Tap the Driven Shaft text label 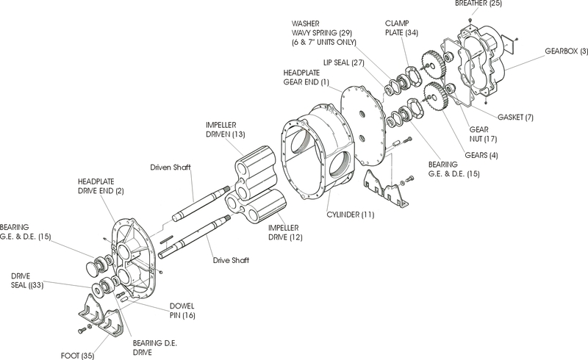(x=171, y=168)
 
